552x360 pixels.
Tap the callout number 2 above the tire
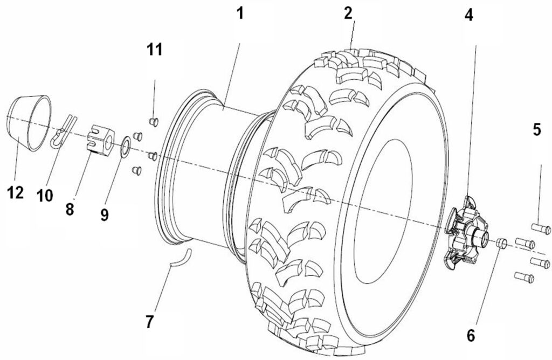[349, 13]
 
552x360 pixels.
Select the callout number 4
[469, 15]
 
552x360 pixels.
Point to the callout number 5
[536, 130]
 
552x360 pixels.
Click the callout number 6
[471, 335]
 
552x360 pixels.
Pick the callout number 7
[149, 322]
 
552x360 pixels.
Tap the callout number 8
[70, 209]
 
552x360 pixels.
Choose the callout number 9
[104, 214]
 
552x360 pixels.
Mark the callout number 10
[44, 195]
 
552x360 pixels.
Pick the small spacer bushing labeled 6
[501, 242]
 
